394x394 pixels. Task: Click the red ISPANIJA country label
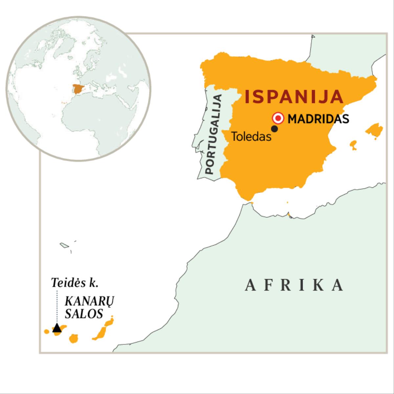click(294, 97)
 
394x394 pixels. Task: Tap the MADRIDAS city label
click(318, 119)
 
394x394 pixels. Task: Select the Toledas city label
click(252, 136)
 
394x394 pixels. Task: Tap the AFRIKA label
click(295, 285)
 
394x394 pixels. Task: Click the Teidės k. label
click(75, 283)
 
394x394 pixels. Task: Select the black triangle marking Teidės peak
click(57, 328)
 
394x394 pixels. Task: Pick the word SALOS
click(84, 314)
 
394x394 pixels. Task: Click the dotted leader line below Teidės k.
click(57, 305)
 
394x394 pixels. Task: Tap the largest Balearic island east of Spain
click(374, 130)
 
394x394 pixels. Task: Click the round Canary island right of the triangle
click(74, 338)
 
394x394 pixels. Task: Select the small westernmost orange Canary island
click(47, 332)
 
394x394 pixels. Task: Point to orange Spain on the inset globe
click(78, 89)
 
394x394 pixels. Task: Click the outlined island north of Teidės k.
click(64, 245)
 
